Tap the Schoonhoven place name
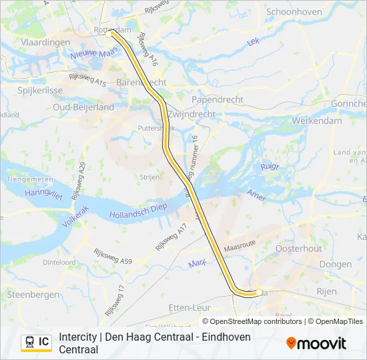point(295,12)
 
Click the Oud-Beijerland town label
point(83,107)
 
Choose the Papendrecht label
point(218,99)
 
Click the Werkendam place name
point(316,121)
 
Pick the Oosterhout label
point(298,249)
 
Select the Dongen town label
point(335,265)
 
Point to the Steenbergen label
point(31,294)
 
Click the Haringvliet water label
point(43,195)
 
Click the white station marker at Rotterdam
point(108,33)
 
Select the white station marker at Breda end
point(259,291)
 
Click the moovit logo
point(316,343)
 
